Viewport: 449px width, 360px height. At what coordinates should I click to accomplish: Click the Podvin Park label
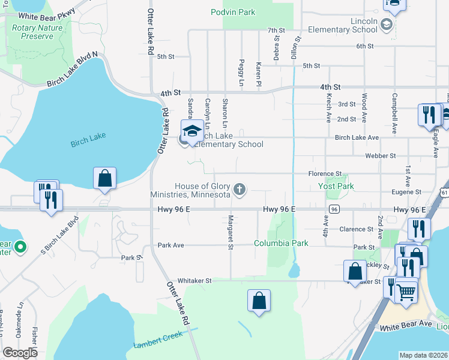233,12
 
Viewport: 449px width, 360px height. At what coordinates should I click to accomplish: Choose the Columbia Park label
280,243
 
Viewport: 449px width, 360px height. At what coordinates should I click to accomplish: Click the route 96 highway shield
334,209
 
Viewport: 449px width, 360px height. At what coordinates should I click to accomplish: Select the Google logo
20,352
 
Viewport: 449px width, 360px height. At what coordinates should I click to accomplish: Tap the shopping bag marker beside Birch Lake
104,178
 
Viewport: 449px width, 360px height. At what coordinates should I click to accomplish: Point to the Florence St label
325,173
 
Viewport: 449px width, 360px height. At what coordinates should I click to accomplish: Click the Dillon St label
296,48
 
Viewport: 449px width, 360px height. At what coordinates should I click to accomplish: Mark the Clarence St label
357,229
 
